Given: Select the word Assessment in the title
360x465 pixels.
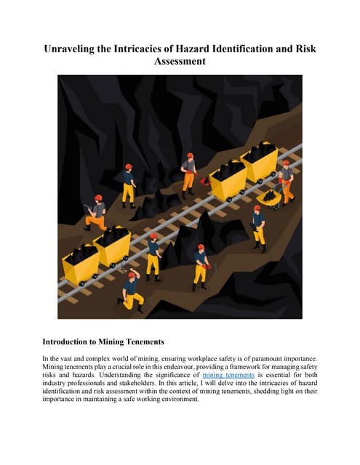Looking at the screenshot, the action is click(180, 62).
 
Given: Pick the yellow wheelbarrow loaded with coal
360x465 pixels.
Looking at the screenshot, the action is click(269, 196).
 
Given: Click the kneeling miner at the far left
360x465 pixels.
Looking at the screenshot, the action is click(95, 212).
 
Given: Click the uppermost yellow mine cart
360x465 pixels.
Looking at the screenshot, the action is click(259, 161).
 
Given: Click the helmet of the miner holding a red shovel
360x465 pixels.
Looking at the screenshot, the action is click(190, 156).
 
